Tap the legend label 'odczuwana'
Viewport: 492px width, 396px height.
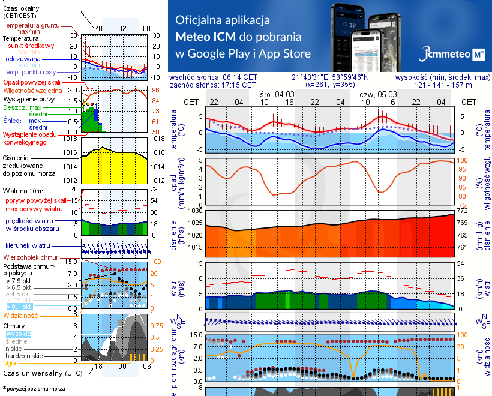23,59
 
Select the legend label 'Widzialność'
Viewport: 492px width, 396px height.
21,315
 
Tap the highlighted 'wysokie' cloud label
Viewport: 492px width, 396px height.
18,334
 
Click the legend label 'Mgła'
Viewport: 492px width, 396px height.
10,363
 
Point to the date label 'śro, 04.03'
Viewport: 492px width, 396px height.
277,95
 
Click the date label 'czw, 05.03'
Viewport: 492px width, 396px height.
378,95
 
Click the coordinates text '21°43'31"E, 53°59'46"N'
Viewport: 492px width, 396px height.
331,77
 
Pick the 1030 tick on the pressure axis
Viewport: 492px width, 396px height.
196,211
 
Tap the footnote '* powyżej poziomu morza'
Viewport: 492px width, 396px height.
34,389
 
